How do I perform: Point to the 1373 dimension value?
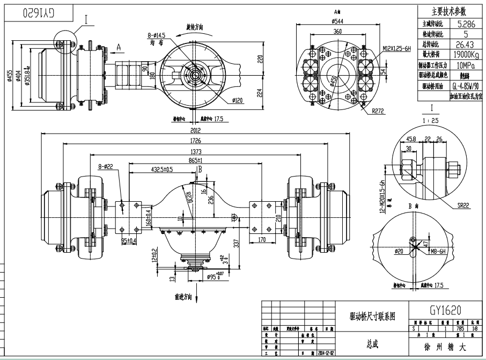click(x=194, y=151)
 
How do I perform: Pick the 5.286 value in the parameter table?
click(x=465, y=24)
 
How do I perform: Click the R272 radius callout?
click(x=370, y=112)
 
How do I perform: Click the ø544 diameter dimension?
click(x=337, y=21)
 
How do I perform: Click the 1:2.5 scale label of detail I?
click(x=431, y=121)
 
